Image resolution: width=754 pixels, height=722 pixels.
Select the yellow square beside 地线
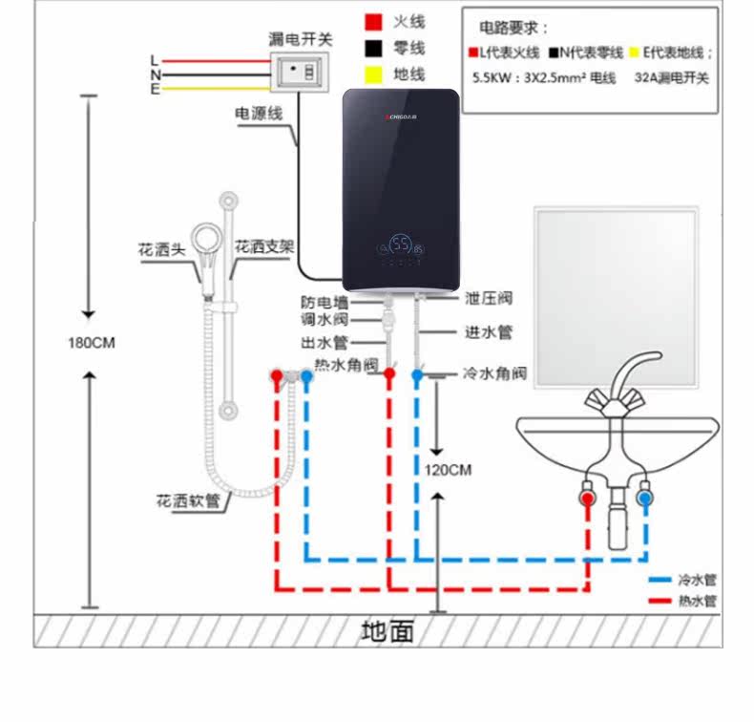(x=374, y=74)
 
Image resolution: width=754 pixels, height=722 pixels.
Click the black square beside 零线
(x=374, y=48)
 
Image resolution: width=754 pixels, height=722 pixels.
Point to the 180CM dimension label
(x=91, y=343)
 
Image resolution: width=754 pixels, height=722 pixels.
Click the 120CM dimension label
(x=448, y=470)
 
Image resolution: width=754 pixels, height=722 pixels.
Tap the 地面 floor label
(x=388, y=631)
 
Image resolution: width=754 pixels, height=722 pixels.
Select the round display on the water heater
(x=402, y=245)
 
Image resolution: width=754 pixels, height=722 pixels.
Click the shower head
(x=205, y=238)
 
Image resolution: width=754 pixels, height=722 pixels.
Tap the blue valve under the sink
(x=646, y=498)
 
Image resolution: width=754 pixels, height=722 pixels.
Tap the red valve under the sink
(x=587, y=498)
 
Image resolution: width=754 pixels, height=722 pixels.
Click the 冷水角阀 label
(x=493, y=373)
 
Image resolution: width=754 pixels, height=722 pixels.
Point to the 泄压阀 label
(x=489, y=299)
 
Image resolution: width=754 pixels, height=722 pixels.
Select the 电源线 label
(x=259, y=114)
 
